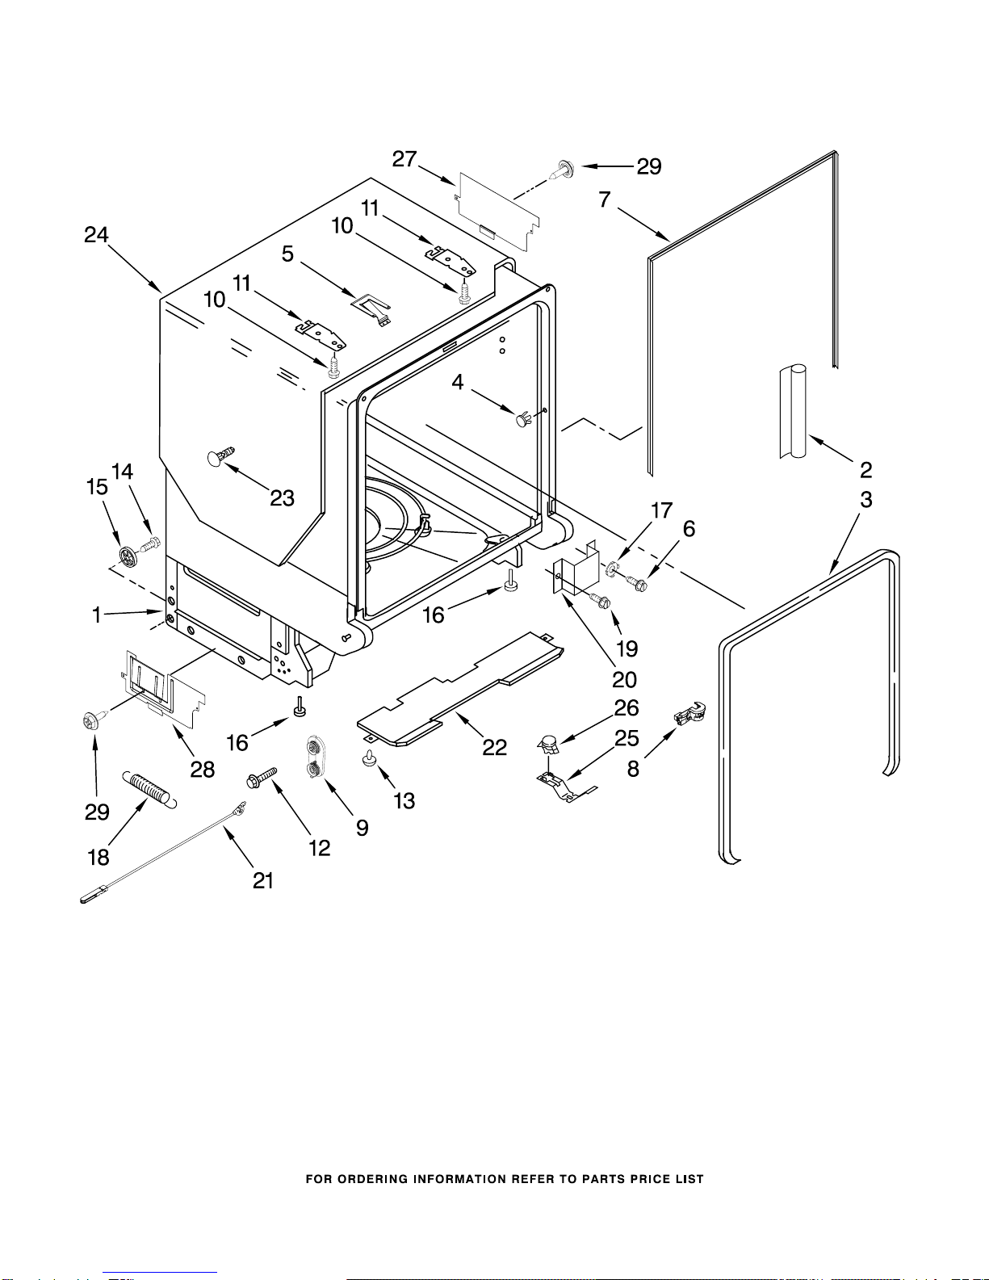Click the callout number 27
404,159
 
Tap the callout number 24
96,234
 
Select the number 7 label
605,199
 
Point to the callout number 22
494,748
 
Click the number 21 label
263,880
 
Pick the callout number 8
634,769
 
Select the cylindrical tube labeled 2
793,411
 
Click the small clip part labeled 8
689,714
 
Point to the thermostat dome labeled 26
549,745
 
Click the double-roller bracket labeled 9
317,757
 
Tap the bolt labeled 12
262,778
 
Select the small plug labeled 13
369,758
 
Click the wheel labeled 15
127,556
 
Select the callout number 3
866,500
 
